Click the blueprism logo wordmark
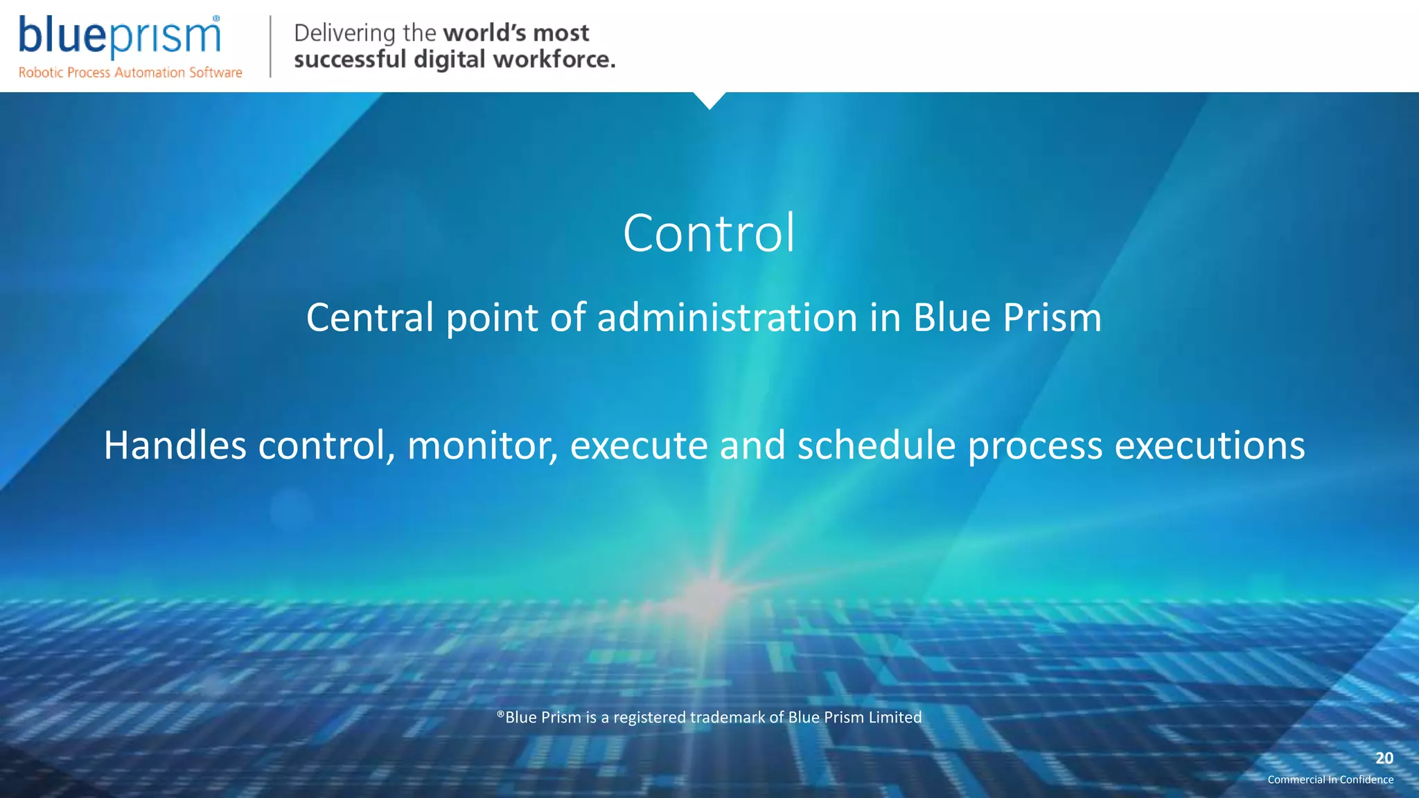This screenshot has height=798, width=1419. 119,36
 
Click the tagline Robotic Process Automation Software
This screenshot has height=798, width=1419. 130,73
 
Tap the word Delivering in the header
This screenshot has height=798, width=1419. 344,33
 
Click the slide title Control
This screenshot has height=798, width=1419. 709,233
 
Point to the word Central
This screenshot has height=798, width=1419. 370,318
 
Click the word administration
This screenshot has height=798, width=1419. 727,318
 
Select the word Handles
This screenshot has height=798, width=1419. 175,445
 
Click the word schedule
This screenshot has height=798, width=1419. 876,445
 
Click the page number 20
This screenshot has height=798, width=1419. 1384,758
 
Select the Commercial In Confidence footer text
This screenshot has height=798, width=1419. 1330,780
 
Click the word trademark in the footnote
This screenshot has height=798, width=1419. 728,718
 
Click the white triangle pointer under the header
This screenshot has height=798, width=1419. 709,100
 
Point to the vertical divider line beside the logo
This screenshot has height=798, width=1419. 270,46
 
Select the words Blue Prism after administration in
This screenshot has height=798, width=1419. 1007,318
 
